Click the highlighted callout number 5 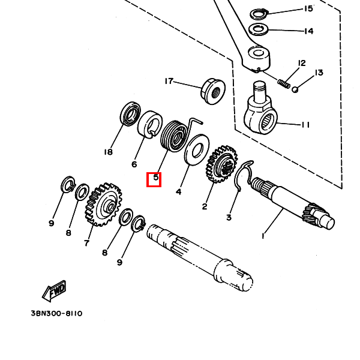[155, 178]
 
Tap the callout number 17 [169, 81]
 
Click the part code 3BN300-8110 [56, 314]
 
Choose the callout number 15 [308, 8]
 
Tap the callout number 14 [308, 31]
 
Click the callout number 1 [262, 236]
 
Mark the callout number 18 [108, 152]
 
